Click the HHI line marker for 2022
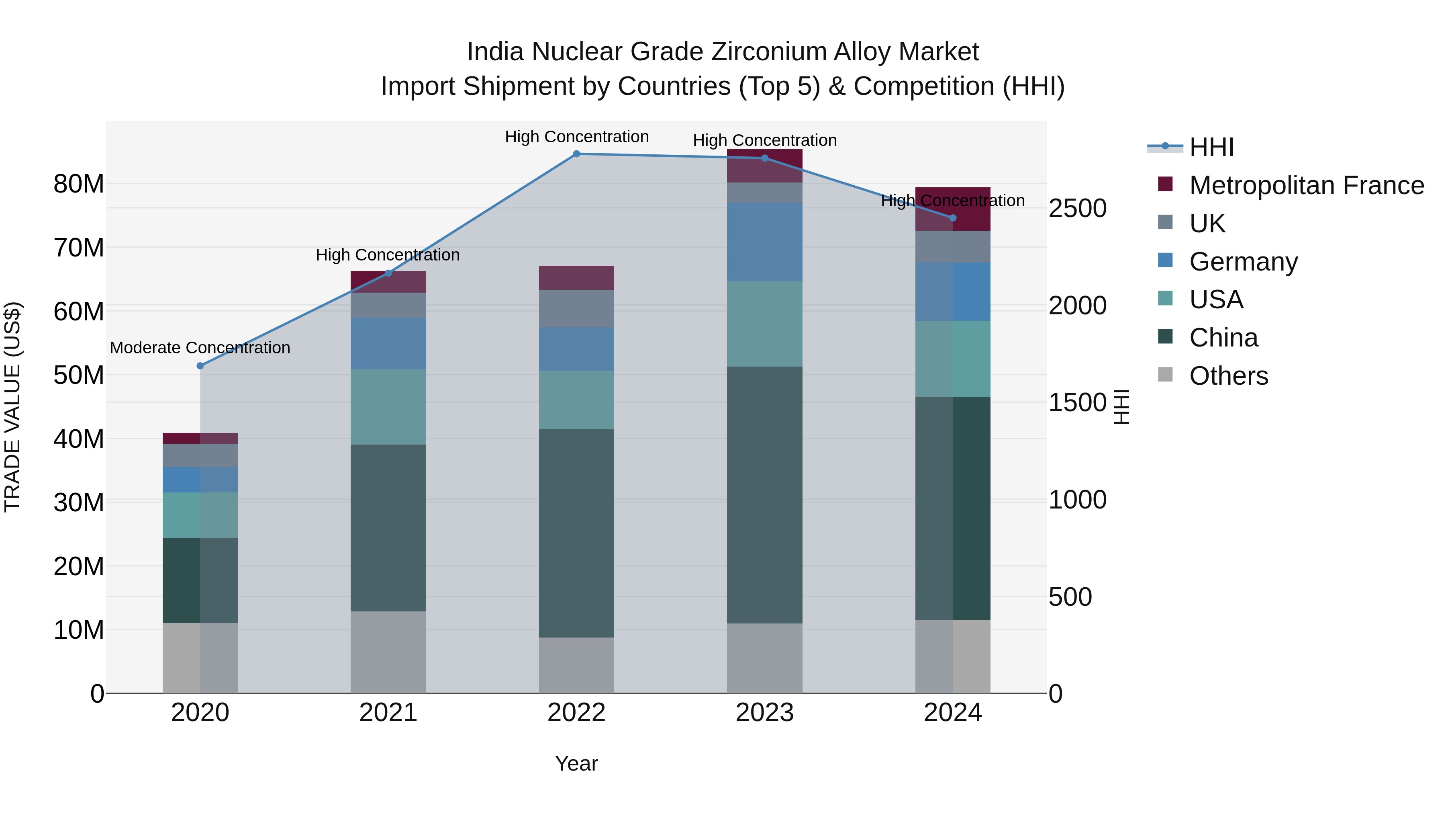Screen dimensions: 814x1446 click(576, 154)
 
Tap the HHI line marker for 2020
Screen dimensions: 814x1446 click(200, 366)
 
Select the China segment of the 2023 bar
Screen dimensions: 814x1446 click(764, 494)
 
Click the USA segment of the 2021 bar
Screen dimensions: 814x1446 click(388, 407)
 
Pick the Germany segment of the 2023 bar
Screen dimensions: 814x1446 click(764, 242)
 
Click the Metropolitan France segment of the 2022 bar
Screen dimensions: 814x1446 click(576, 277)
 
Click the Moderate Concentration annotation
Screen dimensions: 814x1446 click(200, 348)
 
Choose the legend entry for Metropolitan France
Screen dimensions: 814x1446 click(1306, 185)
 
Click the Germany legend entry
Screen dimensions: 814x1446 click(1243, 262)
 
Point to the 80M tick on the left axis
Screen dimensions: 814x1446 click(79, 184)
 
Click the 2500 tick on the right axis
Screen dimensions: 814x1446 click(1077, 208)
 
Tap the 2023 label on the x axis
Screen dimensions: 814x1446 click(764, 713)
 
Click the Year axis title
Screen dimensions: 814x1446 click(576, 763)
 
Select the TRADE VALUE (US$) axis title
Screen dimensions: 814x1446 click(12, 407)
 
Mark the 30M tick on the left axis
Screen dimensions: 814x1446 click(79, 502)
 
